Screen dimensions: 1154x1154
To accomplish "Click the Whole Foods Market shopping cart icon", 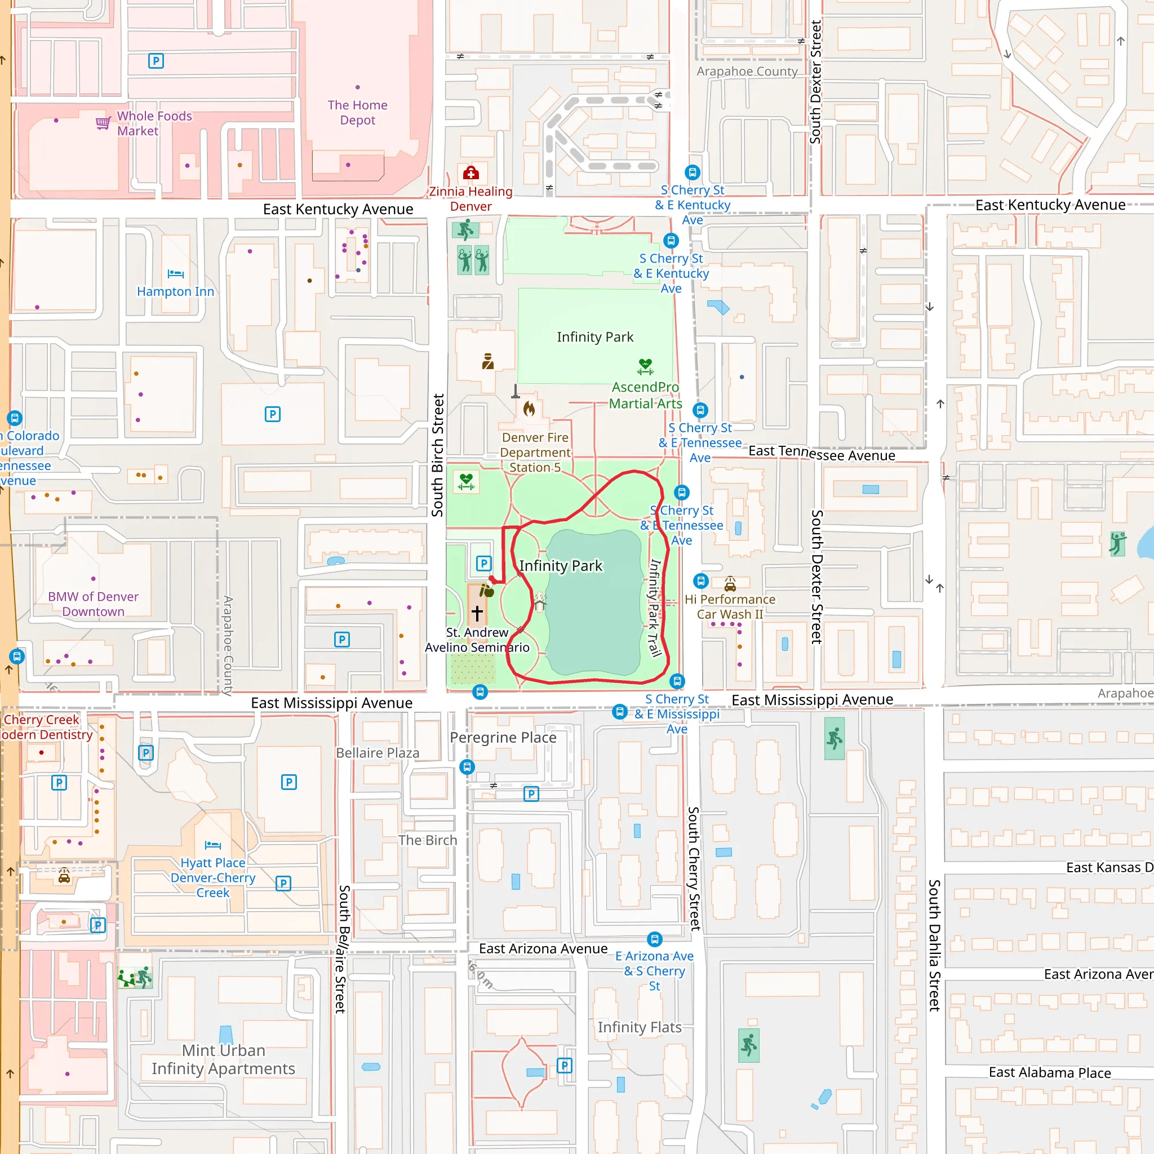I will point(103,123).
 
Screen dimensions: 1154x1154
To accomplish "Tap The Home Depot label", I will point(357,112).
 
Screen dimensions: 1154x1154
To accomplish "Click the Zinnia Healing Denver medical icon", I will point(471,173).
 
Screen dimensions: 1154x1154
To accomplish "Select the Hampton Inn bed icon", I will point(176,274).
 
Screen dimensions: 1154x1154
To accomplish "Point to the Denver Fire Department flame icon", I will point(529,409).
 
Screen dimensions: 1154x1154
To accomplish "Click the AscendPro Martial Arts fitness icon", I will point(645,366).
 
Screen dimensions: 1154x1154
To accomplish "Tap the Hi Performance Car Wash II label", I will point(729,606).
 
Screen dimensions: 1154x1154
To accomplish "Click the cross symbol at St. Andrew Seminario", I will point(477,612).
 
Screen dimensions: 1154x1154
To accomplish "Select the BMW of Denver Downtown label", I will point(93,604).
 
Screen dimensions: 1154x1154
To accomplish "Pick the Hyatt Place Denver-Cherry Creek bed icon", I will point(212,845).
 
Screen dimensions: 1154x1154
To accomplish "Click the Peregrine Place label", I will point(503,738).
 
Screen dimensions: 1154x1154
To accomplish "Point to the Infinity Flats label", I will point(639,1027).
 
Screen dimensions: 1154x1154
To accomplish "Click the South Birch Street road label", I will point(438,455).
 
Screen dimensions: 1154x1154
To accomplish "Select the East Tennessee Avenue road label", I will point(822,454).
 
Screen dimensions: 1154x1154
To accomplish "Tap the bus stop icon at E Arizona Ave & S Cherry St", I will point(655,939).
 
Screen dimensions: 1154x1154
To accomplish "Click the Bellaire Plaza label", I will point(378,753).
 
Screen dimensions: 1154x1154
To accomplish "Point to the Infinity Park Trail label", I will point(655,607).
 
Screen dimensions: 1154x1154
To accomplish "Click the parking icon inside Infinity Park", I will point(483,563).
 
